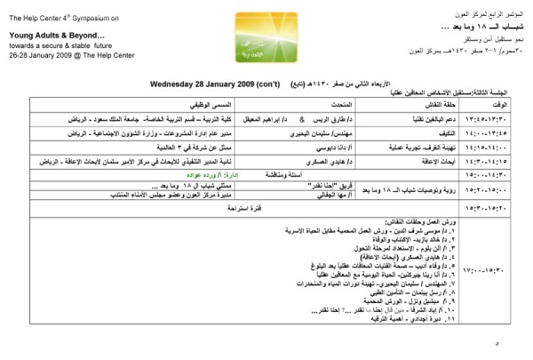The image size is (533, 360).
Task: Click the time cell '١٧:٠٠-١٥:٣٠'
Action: (502, 267)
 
